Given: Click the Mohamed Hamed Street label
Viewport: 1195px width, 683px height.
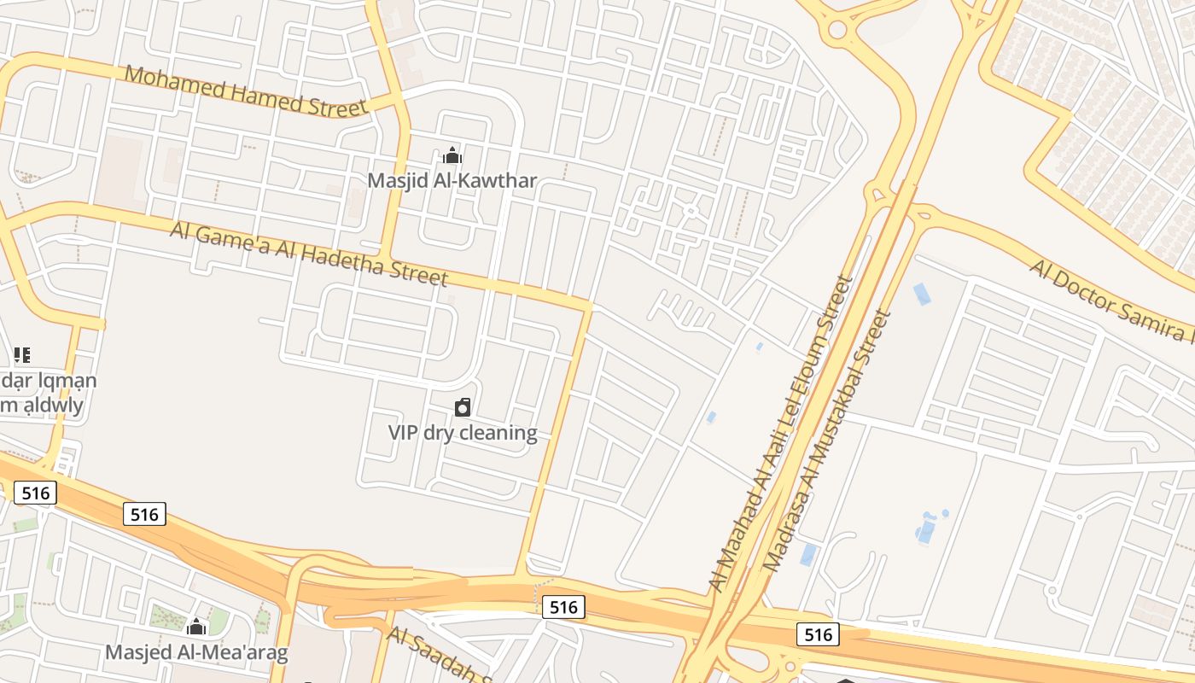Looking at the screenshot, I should tap(246, 90).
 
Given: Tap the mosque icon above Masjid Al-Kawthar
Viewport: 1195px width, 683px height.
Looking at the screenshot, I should tap(452, 155).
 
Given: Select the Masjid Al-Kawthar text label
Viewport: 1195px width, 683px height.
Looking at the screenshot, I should tap(452, 180).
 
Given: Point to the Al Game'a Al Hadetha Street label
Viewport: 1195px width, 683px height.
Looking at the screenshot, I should tap(309, 253).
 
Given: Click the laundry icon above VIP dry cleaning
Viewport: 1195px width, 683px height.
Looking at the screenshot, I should tap(463, 407).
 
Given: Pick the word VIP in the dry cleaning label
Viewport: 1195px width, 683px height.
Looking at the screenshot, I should tap(404, 433).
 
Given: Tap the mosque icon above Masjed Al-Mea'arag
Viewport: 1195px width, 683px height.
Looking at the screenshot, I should tap(196, 628).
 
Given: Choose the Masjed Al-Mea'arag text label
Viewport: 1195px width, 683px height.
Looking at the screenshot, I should tap(196, 653).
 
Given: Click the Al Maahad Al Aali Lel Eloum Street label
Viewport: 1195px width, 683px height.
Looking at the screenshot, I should tap(782, 431).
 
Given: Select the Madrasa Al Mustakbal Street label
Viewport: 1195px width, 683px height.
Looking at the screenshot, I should tap(825, 441).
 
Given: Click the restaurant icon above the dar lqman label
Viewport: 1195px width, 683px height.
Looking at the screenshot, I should tap(22, 354).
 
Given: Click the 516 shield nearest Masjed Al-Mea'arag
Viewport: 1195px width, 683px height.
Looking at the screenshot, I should tap(144, 514).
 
